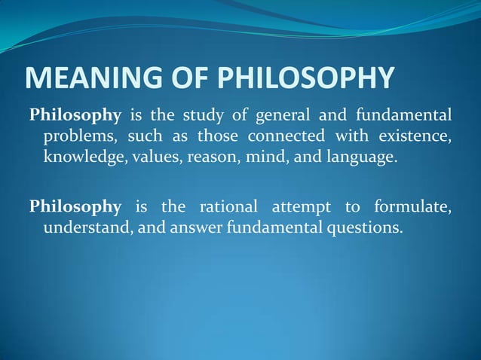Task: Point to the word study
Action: pyautogui.click(x=208, y=116)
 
